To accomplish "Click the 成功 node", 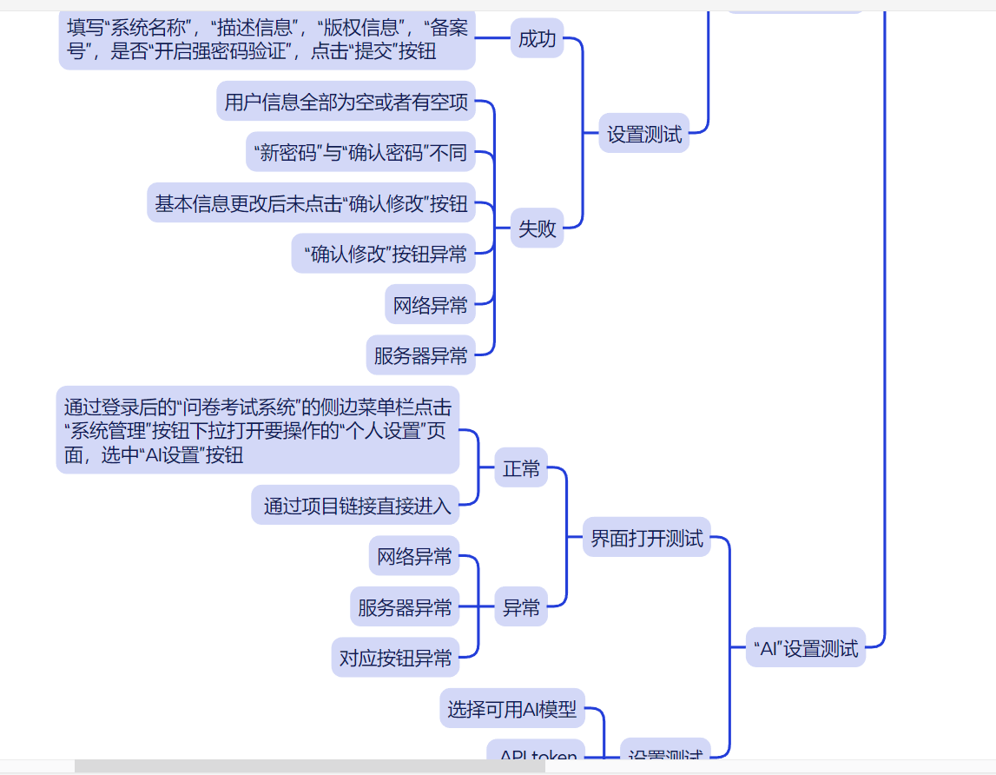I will coord(537,39).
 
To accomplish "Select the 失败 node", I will coord(537,229).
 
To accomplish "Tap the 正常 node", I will coord(521,469).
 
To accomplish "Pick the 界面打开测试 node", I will coord(646,538).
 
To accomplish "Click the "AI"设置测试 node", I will coord(806,648).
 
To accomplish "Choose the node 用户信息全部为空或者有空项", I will coord(346,103).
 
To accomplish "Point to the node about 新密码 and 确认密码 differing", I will coord(360,154).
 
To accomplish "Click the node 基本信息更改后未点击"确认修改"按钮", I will coord(311,204).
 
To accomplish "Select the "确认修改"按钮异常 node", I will coord(384,254).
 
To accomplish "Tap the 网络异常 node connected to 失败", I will coord(430,305).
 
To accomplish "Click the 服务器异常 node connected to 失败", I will coord(420,355).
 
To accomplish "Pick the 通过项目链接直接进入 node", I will coord(356,506).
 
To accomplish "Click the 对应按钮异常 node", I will coord(395,658).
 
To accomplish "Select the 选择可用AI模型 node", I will coord(511,710).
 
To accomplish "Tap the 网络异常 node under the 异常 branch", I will coord(414,557).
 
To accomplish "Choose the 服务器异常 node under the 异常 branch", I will coord(405,607).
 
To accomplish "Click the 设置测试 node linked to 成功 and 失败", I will coord(643,135).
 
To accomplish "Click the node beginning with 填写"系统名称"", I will coord(267,39).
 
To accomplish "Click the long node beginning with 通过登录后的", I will coord(257,431).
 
